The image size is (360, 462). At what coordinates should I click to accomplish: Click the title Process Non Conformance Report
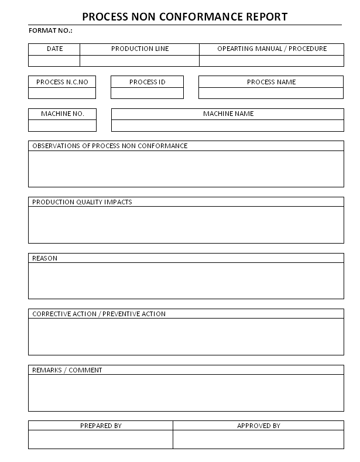184,16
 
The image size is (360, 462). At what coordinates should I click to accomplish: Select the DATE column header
54,49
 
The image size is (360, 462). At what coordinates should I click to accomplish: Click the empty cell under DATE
54,60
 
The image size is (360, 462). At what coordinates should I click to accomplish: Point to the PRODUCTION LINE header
140,49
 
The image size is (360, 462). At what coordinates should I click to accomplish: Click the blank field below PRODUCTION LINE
140,60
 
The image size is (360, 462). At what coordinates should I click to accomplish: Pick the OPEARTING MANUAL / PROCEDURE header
272,49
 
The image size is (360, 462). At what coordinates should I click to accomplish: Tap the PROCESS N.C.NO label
62,82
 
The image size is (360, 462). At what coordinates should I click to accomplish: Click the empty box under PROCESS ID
147,93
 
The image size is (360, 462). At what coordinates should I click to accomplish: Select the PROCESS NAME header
271,82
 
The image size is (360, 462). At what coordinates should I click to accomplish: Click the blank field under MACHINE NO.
62,125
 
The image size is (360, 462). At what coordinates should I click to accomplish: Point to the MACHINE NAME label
228,114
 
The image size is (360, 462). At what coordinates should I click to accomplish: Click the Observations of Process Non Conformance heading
109,146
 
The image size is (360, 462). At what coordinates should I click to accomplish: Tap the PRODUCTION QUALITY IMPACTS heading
82,202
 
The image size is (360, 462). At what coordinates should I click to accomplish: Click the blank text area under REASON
186,280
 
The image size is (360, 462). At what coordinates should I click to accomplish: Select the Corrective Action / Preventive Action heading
98,314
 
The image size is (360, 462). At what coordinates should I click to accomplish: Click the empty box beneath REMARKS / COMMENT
186,393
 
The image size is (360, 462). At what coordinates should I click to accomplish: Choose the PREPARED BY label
101,426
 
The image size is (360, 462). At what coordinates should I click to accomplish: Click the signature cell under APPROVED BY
258,440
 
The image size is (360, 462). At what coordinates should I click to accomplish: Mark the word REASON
44,258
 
